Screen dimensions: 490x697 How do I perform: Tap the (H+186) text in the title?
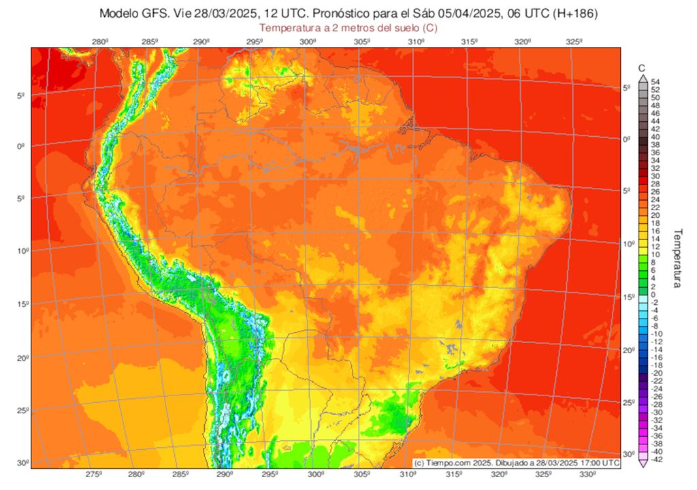573,14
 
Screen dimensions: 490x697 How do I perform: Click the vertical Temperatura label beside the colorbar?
677,258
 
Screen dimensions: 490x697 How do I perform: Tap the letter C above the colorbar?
642,68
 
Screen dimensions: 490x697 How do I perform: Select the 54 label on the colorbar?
655,82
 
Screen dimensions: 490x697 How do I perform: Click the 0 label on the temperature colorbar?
653,294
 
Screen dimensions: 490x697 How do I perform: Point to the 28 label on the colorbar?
655,184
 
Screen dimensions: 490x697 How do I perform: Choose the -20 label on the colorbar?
656,373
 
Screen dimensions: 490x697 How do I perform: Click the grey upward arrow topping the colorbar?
642,78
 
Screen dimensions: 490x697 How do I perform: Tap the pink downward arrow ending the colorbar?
642,463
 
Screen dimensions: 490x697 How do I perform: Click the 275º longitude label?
94,474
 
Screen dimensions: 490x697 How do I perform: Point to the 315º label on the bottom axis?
455,474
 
